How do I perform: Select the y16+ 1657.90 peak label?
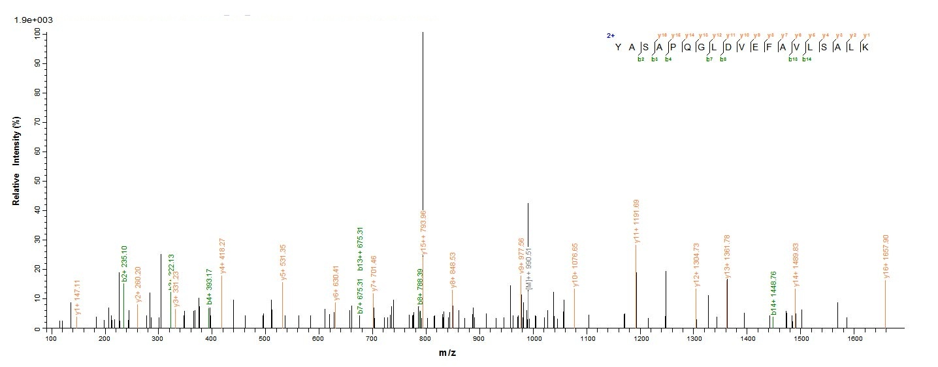886,257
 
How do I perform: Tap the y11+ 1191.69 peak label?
637,221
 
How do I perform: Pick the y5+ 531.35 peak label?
283,262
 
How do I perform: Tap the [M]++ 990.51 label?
529,271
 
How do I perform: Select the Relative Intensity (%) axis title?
16,167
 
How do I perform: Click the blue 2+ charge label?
611,36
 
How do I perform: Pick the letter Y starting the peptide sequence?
618,47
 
